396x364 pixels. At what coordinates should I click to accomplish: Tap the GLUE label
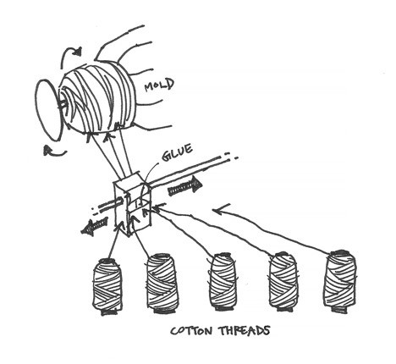click(177, 152)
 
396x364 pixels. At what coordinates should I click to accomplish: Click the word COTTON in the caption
click(191, 330)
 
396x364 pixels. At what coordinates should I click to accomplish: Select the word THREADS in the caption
click(245, 330)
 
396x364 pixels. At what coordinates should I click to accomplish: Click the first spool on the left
click(107, 285)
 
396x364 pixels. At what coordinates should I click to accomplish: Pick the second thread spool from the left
click(161, 282)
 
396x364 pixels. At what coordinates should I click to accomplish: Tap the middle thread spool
click(222, 282)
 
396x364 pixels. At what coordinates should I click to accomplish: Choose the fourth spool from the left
click(283, 282)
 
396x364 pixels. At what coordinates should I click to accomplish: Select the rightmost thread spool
click(340, 281)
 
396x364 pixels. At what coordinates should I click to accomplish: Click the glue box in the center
click(133, 205)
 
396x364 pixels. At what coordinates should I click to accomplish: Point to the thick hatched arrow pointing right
click(185, 189)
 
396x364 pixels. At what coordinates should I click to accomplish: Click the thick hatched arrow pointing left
click(95, 226)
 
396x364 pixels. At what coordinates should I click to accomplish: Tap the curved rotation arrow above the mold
click(70, 55)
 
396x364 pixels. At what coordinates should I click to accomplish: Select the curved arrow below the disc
click(55, 152)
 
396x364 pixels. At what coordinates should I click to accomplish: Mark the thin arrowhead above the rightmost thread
click(221, 210)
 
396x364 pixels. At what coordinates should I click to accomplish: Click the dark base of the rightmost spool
click(340, 310)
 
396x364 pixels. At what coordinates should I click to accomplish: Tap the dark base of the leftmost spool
click(108, 312)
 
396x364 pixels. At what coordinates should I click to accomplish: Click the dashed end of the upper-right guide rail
click(230, 156)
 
